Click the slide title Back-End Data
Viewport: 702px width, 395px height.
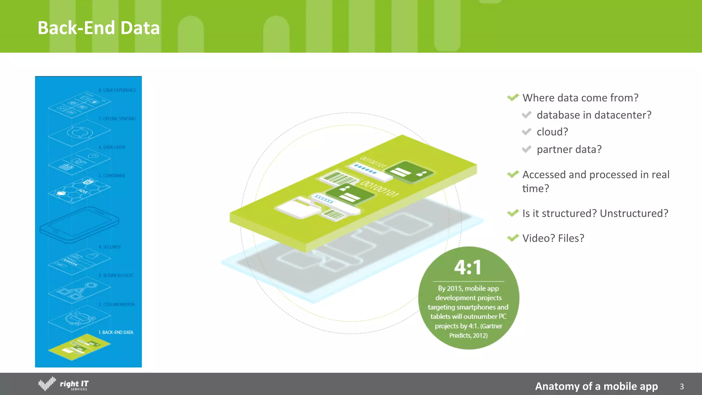98,28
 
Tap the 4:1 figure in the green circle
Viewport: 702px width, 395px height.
468,267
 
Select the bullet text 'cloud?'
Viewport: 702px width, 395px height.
552,132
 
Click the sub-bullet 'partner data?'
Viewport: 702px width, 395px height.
569,149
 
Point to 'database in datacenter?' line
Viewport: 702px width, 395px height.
594,115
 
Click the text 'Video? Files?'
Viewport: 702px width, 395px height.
553,238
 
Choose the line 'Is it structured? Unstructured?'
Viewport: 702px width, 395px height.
595,213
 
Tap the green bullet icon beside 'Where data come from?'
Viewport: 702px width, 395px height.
513,98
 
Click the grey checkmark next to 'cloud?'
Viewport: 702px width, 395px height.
526,132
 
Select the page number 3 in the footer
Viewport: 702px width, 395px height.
681,386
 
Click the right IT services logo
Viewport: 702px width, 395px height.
64,384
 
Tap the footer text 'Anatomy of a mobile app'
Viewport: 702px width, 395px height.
596,386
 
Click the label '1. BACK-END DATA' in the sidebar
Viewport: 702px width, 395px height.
116,332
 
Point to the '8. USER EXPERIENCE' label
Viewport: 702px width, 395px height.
117,90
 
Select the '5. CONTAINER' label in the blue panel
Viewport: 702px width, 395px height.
112,176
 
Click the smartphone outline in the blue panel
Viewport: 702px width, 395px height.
80,225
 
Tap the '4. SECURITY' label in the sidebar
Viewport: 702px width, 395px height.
110,247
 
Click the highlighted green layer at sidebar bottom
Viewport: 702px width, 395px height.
79,347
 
